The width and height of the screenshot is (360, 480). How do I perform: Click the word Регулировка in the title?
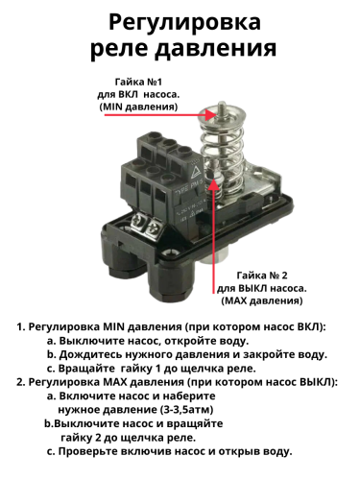[x=180, y=20]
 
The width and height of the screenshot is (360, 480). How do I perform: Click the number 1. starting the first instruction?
[x=20, y=327]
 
